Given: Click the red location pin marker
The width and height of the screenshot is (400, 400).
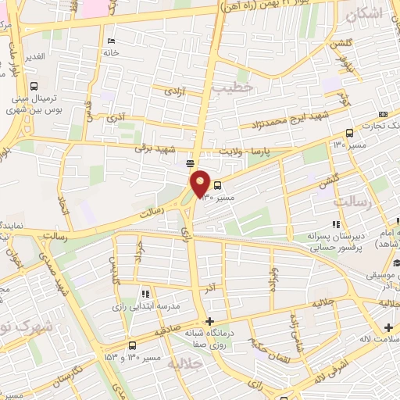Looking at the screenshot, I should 201,184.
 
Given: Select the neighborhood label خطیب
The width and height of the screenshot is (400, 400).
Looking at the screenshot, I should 239,88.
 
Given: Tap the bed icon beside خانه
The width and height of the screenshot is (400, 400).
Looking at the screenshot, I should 110,41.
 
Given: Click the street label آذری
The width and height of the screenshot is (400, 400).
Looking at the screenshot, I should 116,118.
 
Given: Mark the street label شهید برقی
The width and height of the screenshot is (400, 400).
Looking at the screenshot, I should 151,147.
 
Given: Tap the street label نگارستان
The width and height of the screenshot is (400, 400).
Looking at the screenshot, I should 69,376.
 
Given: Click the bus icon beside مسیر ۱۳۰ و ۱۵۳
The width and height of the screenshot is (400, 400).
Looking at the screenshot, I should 131,345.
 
